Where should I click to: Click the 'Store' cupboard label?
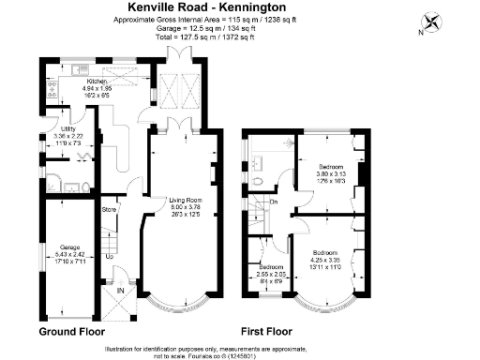[109, 209]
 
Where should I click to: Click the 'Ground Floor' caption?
[72, 332]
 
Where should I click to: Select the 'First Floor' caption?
[267, 332]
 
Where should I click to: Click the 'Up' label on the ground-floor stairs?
[109, 256]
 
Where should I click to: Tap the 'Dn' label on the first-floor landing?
[274, 202]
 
